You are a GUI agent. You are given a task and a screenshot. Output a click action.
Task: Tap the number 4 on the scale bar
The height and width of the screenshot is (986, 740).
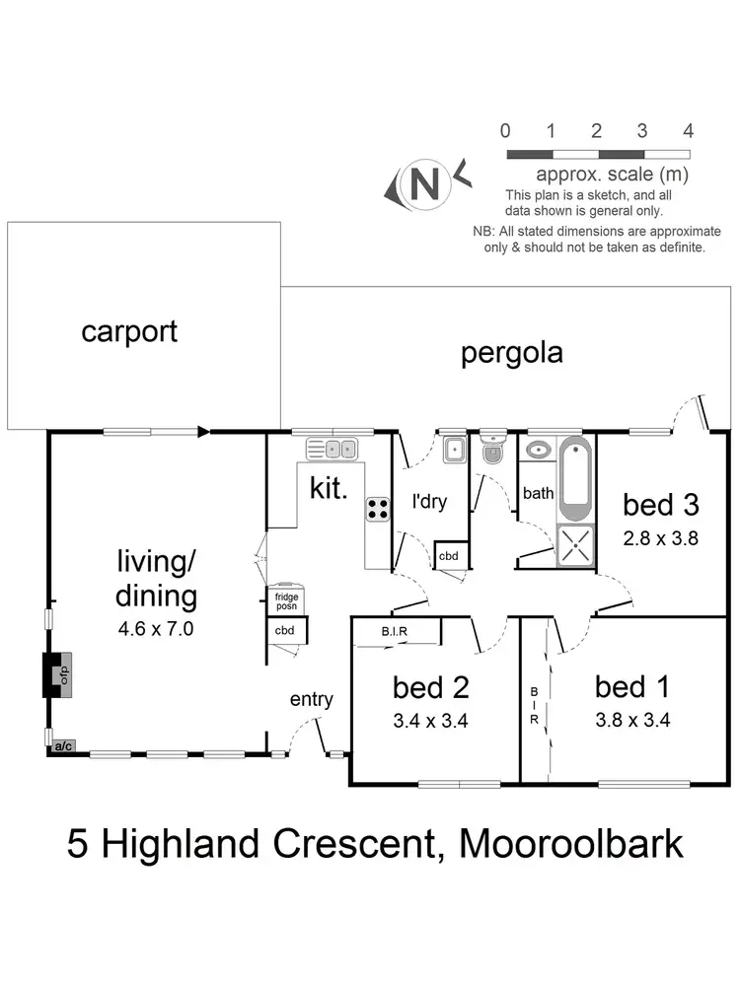tap(688, 130)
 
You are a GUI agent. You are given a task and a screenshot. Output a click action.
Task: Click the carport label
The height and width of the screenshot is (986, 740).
tap(129, 331)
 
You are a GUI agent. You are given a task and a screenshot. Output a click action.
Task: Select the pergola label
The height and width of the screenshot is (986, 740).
tap(512, 353)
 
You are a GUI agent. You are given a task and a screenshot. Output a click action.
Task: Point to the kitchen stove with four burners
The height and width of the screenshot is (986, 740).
tap(378, 508)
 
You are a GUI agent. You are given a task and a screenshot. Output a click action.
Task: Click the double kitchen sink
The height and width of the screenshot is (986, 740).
tap(335, 449)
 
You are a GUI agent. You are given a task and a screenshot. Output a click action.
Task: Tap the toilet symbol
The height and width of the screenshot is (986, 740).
tap(491, 452)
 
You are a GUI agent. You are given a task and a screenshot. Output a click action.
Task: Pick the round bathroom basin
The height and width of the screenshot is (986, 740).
tap(538, 451)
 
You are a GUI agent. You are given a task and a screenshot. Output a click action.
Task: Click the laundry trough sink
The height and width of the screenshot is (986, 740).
tap(454, 451)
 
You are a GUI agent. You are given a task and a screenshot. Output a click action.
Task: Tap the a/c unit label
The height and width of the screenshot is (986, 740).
tap(63, 747)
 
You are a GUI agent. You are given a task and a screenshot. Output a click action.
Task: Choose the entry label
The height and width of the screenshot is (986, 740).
tap(311, 699)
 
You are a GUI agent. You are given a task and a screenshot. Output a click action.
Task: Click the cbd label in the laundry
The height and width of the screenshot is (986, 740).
tap(449, 557)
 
